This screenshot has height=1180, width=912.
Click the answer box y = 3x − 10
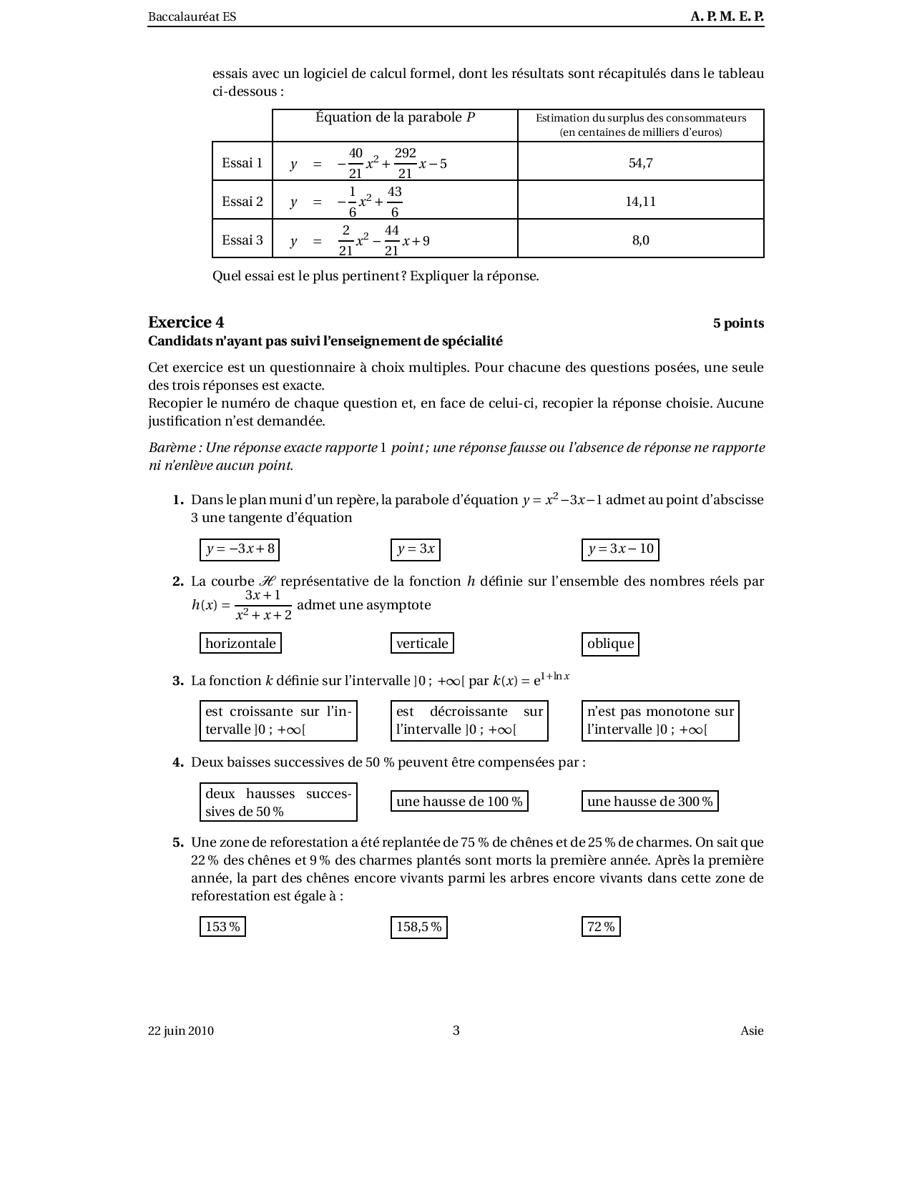pyautogui.click(x=620, y=549)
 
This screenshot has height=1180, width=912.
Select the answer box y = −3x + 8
pyautogui.click(x=240, y=549)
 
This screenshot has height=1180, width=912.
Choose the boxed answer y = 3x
pyautogui.click(x=416, y=549)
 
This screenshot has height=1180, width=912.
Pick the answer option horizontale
pyautogui.click(x=240, y=644)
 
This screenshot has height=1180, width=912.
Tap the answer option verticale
pyautogui.click(x=422, y=644)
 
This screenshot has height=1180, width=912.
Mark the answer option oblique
pyautogui.click(x=610, y=644)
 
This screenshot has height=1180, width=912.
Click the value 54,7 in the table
pyautogui.click(x=640, y=163)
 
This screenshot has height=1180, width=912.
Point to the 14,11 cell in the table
pyautogui.click(x=640, y=202)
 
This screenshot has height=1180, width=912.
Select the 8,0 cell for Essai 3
pyautogui.click(x=640, y=240)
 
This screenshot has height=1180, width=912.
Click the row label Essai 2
pyautogui.click(x=242, y=202)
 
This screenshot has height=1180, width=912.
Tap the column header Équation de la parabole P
pyautogui.click(x=395, y=118)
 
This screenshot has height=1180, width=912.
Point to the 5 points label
pyautogui.click(x=737, y=323)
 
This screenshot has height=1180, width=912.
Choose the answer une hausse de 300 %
pyautogui.click(x=649, y=802)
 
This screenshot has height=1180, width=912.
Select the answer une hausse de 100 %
pyautogui.click(x=459, y=802)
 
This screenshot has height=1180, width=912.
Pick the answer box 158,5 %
pyautogui.click(x=419, y=928)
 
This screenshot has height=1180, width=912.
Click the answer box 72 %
pyautogui.click(x=601, y=928)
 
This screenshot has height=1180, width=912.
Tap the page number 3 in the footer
pyautogui.click(x=456, y=1031)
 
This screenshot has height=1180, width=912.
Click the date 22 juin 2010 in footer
pyautogui.click(x=181, y=1031)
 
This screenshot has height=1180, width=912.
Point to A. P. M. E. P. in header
pyautogui.click(x=727, y=16)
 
